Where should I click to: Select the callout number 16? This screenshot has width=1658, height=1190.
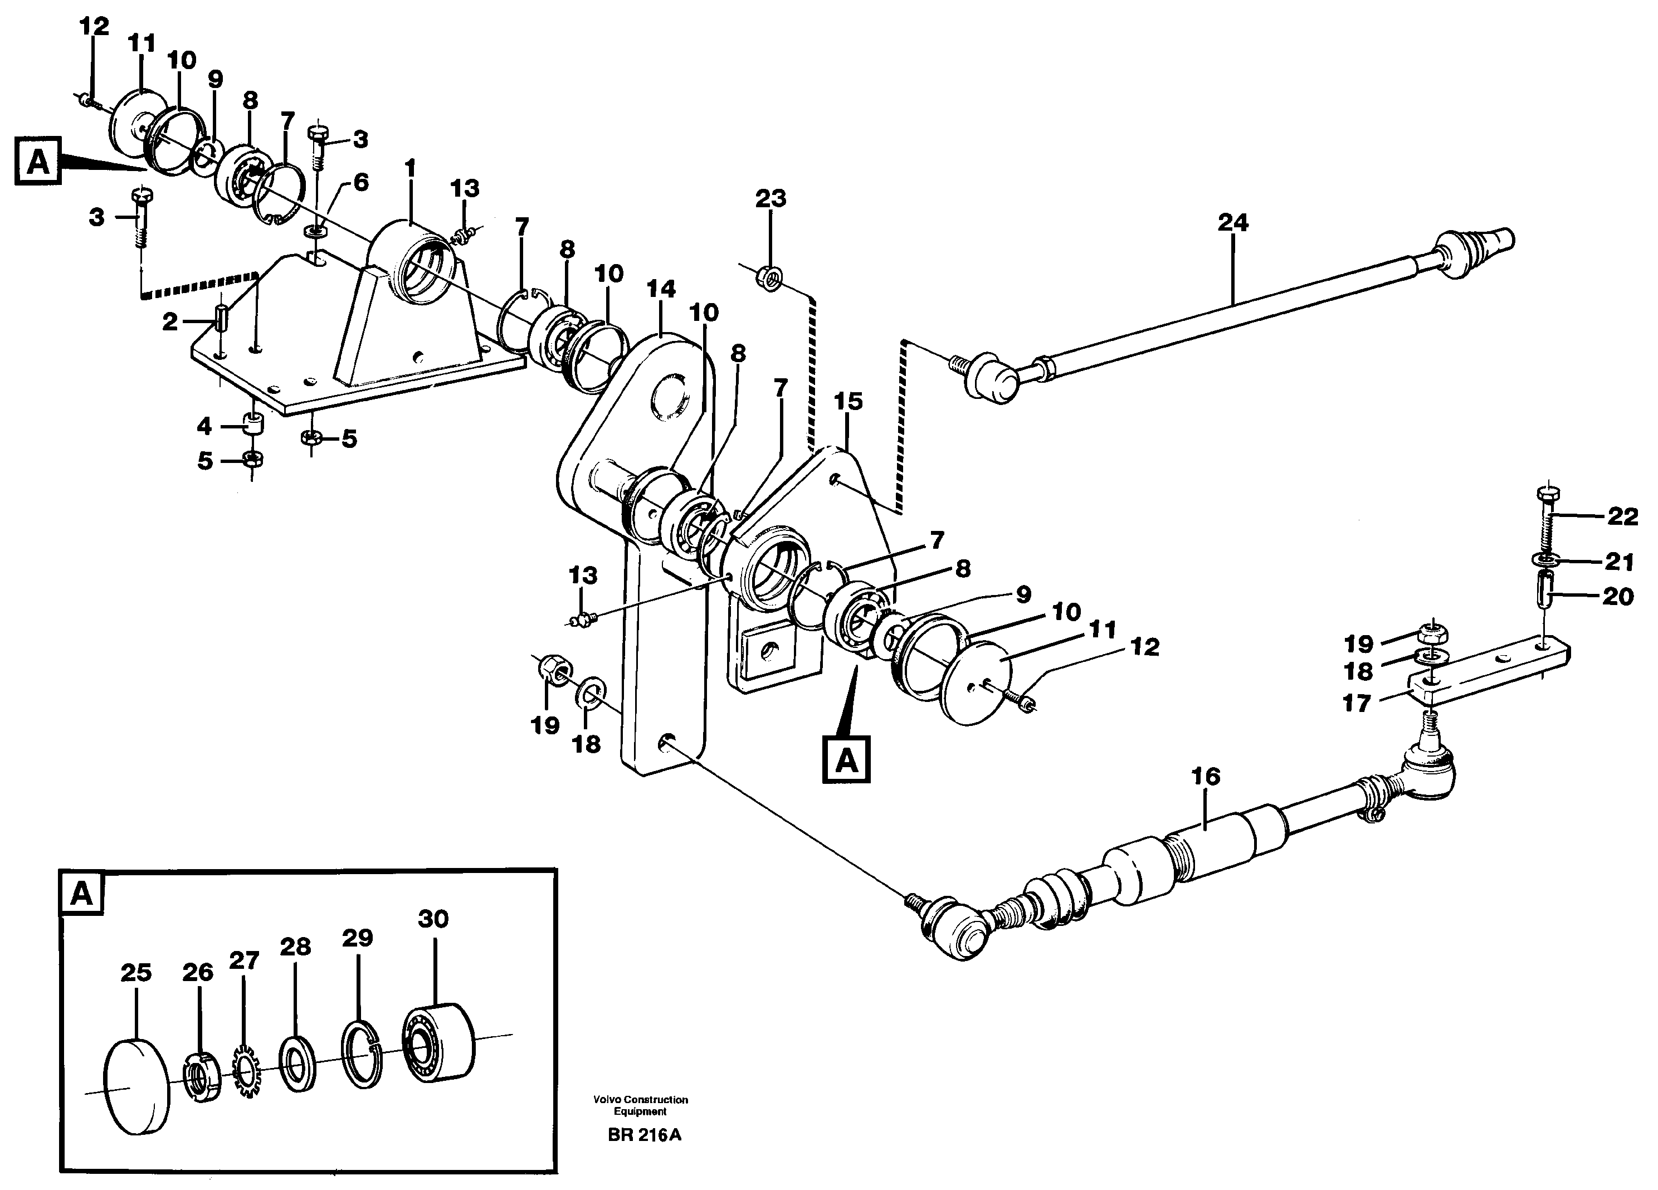[x=1206, y=776]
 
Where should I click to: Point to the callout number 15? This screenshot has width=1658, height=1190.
[x=848, y=401]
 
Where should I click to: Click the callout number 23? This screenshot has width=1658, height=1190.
[x=771, y=199]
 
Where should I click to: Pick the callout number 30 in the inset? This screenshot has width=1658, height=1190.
[x=433, y=919]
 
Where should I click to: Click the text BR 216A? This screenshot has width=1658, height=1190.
[x=643, y=1135]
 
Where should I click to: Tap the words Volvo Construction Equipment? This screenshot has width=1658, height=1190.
[x=640, y=1105]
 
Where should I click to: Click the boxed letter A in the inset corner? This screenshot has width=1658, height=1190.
[x=81, y=893]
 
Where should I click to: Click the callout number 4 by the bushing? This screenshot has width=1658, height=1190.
[x=204, y=426]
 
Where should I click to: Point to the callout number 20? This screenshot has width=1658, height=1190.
[x=1617, y=597]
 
